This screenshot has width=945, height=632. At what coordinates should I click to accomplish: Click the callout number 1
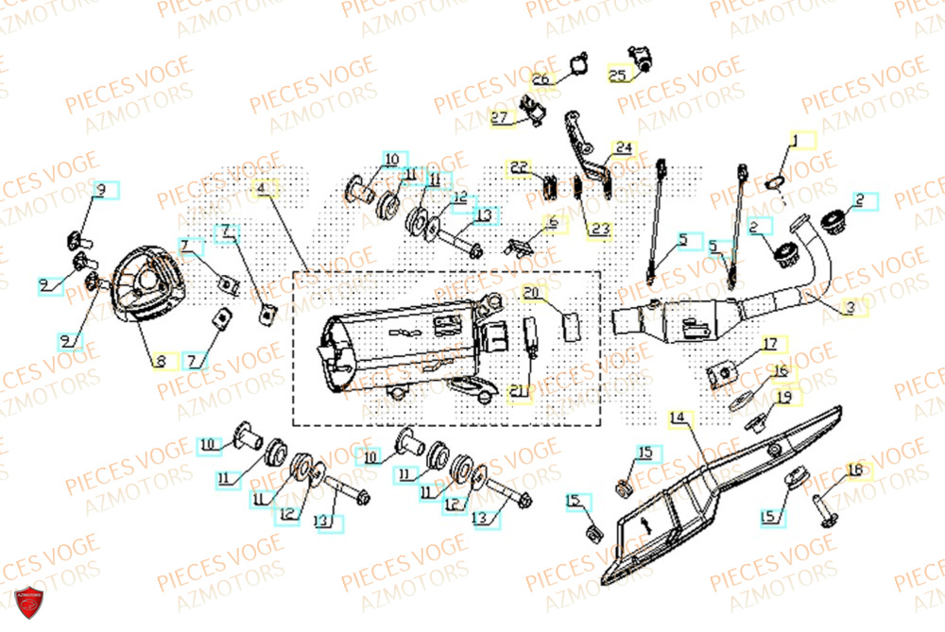click(x=795, y=141)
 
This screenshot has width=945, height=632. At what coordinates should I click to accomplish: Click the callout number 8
click(x=161, y=360)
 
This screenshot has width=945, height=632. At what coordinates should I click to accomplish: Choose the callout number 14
click(x=677, y=418)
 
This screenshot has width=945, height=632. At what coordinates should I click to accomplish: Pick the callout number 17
click(x=770, y=343)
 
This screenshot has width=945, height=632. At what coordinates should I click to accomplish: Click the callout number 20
click(x=530, y=291)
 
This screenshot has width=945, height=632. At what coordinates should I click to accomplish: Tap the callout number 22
click(x=519, y=167)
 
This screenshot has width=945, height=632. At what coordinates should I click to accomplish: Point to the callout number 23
click(x=600, y=229)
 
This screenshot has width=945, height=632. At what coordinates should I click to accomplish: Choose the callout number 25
click(x=616, y=76)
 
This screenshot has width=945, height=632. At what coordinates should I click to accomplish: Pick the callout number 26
click(x=540, y=79)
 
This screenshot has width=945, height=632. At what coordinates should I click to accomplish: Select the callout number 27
click(x=499, y=118)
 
